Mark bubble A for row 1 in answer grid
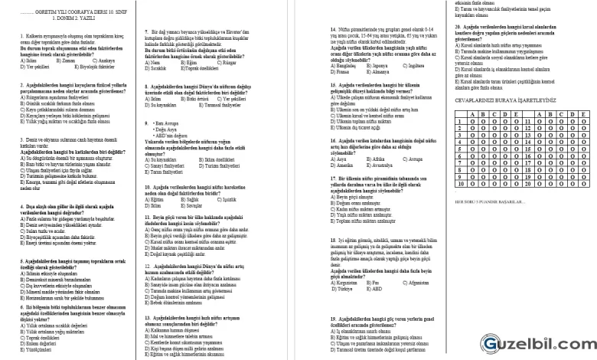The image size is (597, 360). coord(472,121)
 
